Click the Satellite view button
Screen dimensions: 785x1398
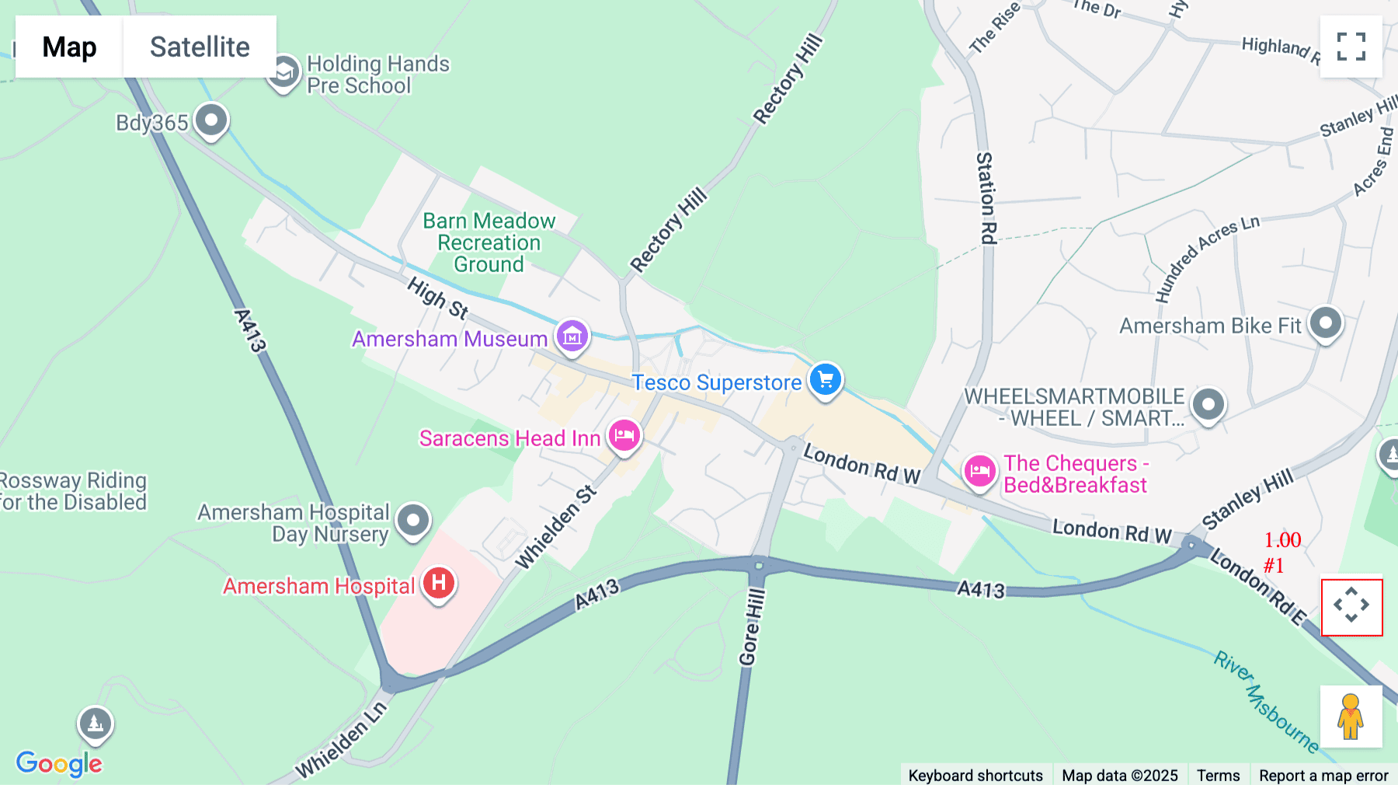[200, 47]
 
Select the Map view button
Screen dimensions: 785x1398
[69, 47]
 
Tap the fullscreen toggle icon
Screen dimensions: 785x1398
[1351, 47]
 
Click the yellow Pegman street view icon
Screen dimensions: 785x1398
[1351, 717]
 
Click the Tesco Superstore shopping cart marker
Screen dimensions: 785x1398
[825, 380]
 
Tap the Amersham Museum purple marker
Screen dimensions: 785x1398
[572, 337]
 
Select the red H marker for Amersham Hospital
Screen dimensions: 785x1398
[439, 583]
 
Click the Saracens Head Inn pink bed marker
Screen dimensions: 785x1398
[624, 436]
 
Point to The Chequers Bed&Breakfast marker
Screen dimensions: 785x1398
[979, 471]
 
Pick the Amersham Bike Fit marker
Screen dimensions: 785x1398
[1325, 323]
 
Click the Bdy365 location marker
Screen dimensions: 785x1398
[210, 120]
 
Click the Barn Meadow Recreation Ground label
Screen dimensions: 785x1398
[489, 242]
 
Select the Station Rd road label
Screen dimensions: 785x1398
[986, 198]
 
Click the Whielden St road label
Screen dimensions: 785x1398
[556, 527]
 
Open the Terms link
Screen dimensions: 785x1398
[1218, 775]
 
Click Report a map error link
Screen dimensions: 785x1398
[1323, 775]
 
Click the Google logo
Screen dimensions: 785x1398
[59, 763]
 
